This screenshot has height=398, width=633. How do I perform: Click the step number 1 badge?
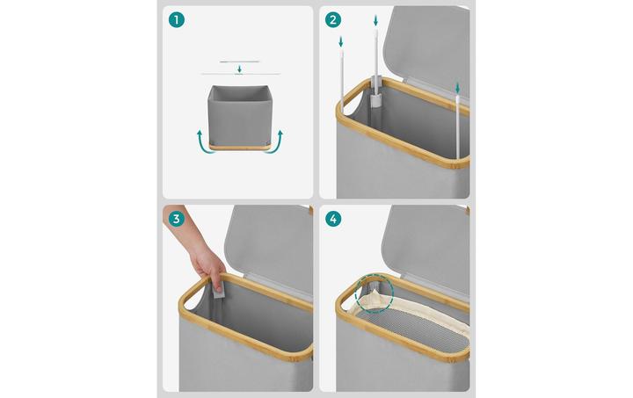[x=177, y=19]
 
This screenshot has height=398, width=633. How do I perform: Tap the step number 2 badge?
[x=333, y=19]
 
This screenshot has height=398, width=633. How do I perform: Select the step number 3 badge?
[x=177, y=219]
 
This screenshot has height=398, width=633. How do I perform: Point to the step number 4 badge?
[x=333, y=219]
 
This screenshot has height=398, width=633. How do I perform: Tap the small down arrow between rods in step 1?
[x=239, y=69]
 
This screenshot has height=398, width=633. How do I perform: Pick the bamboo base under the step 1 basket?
[x=239, y=147]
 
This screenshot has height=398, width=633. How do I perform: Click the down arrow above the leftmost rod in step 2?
[x=341, y=41]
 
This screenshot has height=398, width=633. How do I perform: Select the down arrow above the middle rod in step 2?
[x=376, y=20]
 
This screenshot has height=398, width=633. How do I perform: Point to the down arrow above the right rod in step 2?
[x=457, y=88]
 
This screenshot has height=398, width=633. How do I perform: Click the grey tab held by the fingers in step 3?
[x=218, y=290]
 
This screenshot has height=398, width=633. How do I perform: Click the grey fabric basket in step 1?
[x=239, y=115]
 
